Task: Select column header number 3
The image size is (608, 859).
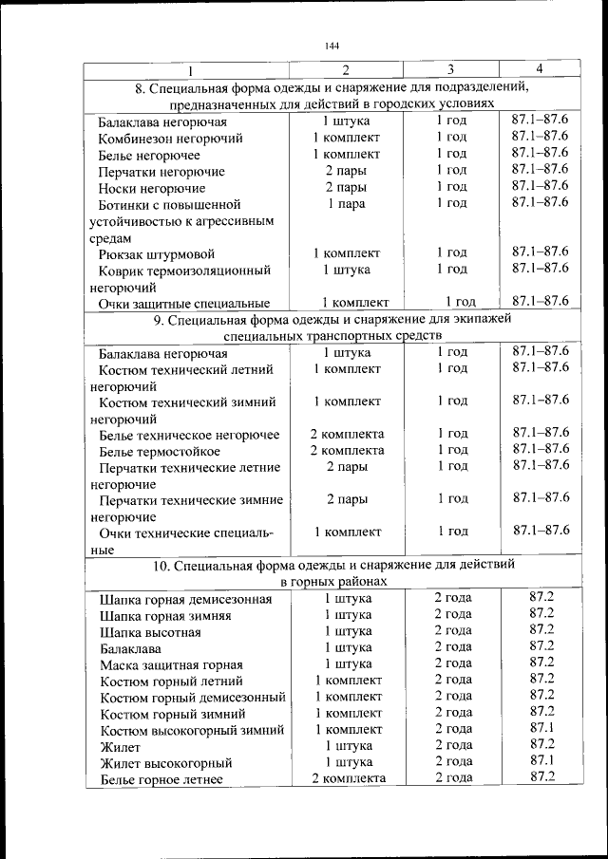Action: point(450,69)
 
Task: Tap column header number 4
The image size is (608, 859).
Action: point(539,68)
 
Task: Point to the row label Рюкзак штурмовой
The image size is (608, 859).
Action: point(157,253)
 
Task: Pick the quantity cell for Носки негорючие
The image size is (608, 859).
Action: point(346,187)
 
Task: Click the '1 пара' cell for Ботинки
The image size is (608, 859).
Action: point(346,203)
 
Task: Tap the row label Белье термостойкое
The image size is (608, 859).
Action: point(159,452)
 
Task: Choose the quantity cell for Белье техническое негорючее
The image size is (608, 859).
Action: point(347,433)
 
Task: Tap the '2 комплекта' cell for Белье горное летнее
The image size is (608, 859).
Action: point(349,777)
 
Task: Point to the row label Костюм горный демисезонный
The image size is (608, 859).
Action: point(193,698)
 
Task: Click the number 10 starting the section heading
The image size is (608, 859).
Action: point(161,566)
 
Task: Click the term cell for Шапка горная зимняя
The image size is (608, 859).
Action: point(453,614)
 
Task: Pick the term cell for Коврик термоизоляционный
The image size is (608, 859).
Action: point(451,270)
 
